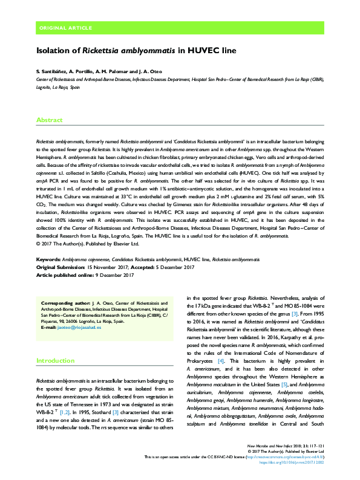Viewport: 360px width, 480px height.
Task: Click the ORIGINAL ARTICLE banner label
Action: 65,28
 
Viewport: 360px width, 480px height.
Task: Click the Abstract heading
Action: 50,120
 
